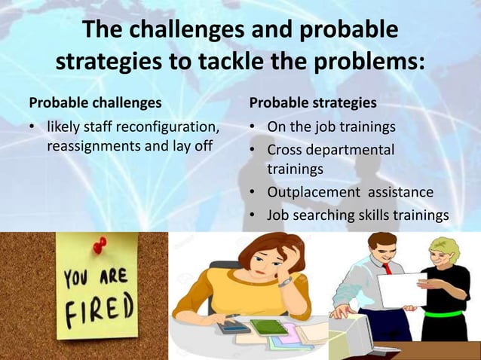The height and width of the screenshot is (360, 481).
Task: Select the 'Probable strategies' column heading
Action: (314, 101)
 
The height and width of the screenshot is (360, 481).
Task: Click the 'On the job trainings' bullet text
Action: (331, 124)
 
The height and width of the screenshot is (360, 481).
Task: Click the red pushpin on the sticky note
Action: (100, 246)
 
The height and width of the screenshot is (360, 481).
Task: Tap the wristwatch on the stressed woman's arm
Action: (284, 282)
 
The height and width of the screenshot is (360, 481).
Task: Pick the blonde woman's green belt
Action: (452, 312)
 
